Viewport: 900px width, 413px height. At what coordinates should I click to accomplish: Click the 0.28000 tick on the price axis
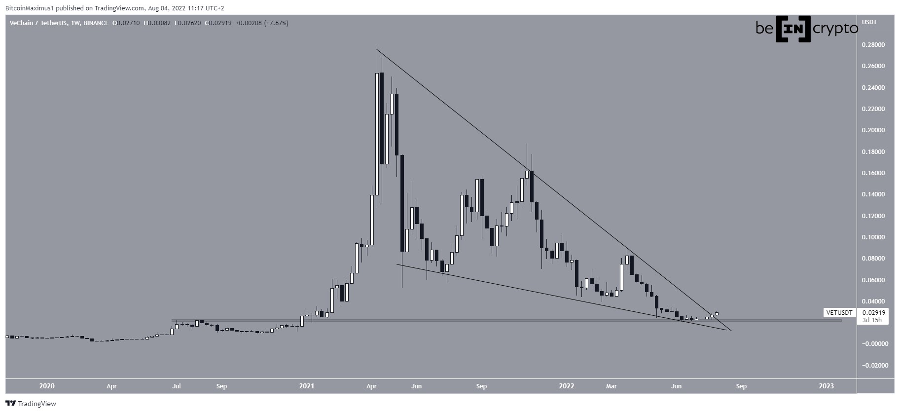click(872, 45)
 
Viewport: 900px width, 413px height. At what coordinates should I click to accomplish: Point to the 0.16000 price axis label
click(872, 173)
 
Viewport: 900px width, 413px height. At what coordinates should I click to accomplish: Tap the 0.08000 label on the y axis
click(872, 259)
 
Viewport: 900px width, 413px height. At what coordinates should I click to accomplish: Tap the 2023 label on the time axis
click(827, 386)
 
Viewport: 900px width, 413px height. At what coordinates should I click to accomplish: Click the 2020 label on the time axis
click(46, 386)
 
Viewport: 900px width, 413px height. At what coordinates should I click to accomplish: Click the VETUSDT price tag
click(838, 313)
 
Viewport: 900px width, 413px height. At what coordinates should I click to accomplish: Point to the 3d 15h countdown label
click(872, 320)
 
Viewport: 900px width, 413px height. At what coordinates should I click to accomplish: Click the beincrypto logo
click(806, 30)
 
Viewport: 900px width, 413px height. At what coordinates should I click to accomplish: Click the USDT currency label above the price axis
click(869, 22)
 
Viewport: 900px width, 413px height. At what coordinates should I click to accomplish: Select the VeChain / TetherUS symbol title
click(39, 23)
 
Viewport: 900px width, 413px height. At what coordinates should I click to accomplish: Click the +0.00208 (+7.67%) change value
click(264, 23)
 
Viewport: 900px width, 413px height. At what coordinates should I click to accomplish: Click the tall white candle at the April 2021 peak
click(377, 133)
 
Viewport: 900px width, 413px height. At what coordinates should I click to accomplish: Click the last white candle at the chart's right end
click(717, 313)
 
